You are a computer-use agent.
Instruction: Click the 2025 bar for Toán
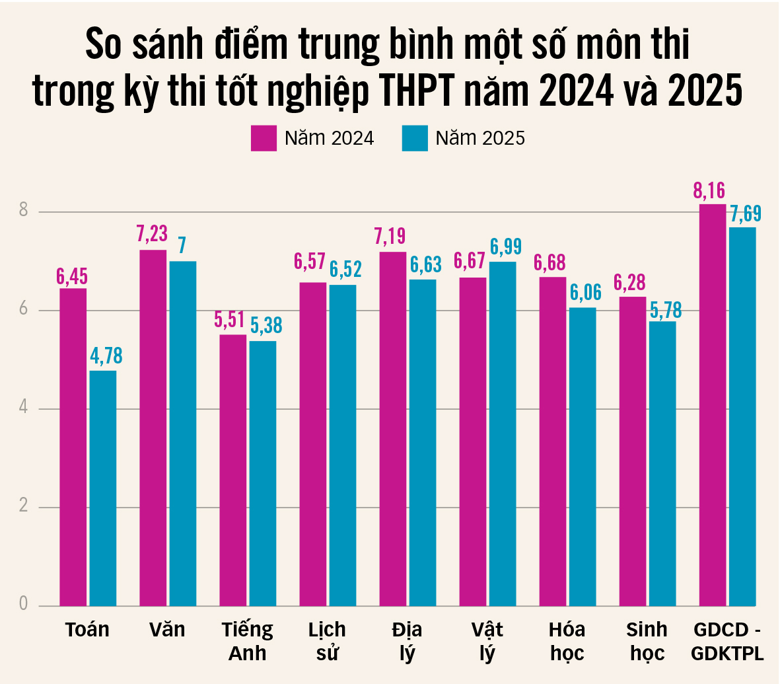pos(103,488)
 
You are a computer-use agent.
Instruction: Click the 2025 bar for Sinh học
pos(662,463)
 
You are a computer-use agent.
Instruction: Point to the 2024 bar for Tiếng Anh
pos(232,470)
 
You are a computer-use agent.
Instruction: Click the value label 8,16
pos(709,191)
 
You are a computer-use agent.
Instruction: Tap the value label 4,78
pos(106,356)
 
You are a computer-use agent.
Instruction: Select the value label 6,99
pos(506,247)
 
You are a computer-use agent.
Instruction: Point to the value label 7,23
pos(152,234)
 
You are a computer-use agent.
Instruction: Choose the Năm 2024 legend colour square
pos(264,138)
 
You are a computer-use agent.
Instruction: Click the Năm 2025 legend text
pos(480,138)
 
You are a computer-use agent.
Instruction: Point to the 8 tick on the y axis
pos(24,211)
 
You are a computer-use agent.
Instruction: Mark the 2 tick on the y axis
pos(24,506)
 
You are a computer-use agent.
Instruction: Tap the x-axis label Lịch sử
pos(327,641)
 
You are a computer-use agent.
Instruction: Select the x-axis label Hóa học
pos(567,641)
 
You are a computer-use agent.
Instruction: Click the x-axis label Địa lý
pos(406,641)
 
